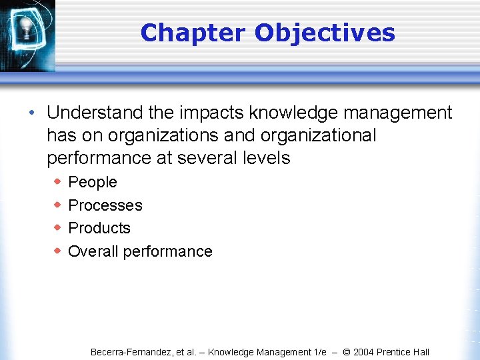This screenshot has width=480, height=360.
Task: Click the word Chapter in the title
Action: pyautogui.click(x=193, y=33)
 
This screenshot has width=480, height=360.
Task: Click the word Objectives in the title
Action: pyautogui.click(x=325, y=33)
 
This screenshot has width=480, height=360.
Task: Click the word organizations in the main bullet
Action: pyautogui.click(x=163, y=135)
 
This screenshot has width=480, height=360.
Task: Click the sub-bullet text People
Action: pyautogui.click(x=93, y=182)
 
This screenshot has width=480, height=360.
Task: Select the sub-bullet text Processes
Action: pyautogui.click(x=105, y=205)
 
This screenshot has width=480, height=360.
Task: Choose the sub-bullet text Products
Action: pyautogui.click(x=99, y=228)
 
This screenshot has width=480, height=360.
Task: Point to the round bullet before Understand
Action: pyautogui.click(x=31, y=112)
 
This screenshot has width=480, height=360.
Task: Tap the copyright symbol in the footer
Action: pyautogui.click(x=346, y=352)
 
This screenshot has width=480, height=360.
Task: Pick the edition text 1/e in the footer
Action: pyautogui.click(x=320, y=352)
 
